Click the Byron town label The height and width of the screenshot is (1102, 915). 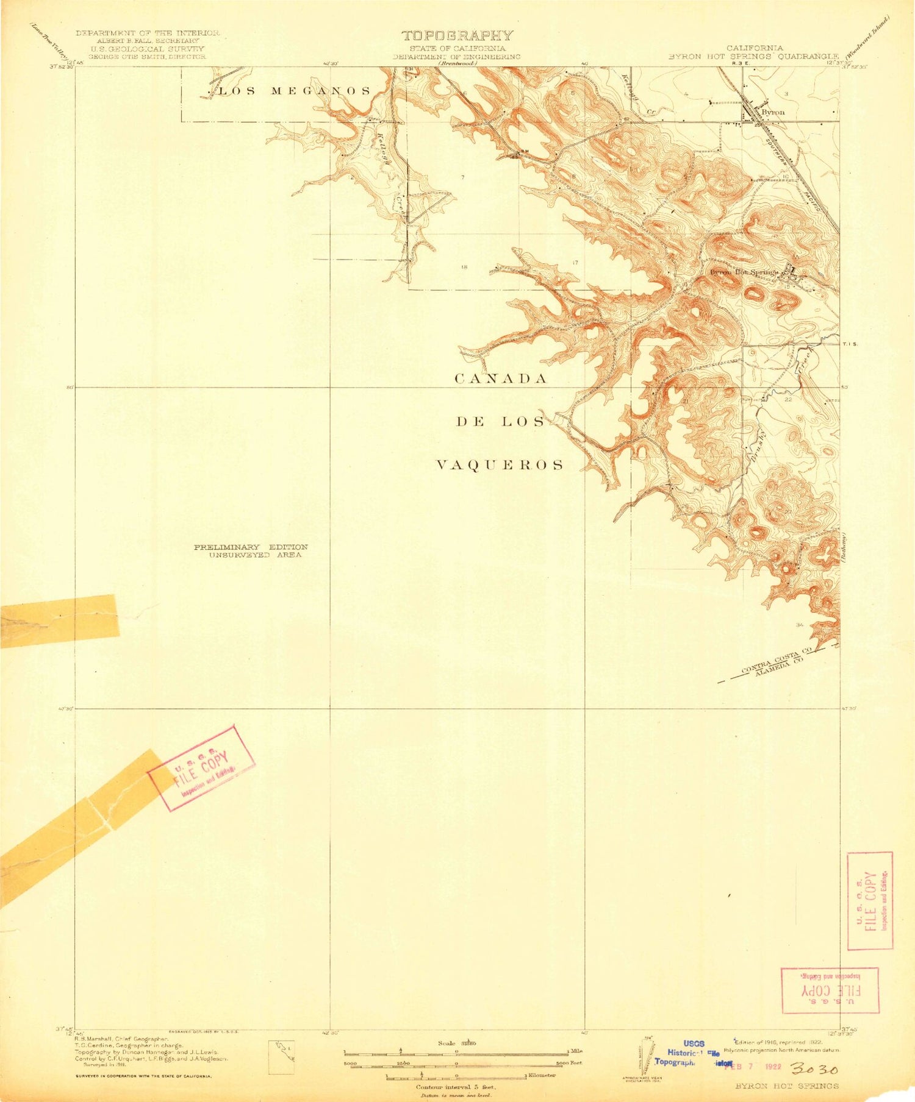click(x=773, y=112)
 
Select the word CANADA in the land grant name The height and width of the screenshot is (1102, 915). click(x=501, y=379)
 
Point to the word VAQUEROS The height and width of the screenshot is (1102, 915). click(x=500, y=466)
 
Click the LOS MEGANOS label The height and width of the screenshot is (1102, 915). click(x=294, y=91)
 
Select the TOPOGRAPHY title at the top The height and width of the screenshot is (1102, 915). click(x=457, y=36)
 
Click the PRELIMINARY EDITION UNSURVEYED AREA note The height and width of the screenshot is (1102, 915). click(x=251, y=551)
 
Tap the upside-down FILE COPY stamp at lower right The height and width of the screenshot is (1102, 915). click(x=830, y=990)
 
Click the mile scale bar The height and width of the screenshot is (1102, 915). click(x=456, y=1051)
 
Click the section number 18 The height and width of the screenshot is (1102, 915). click(x=464, y=267)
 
